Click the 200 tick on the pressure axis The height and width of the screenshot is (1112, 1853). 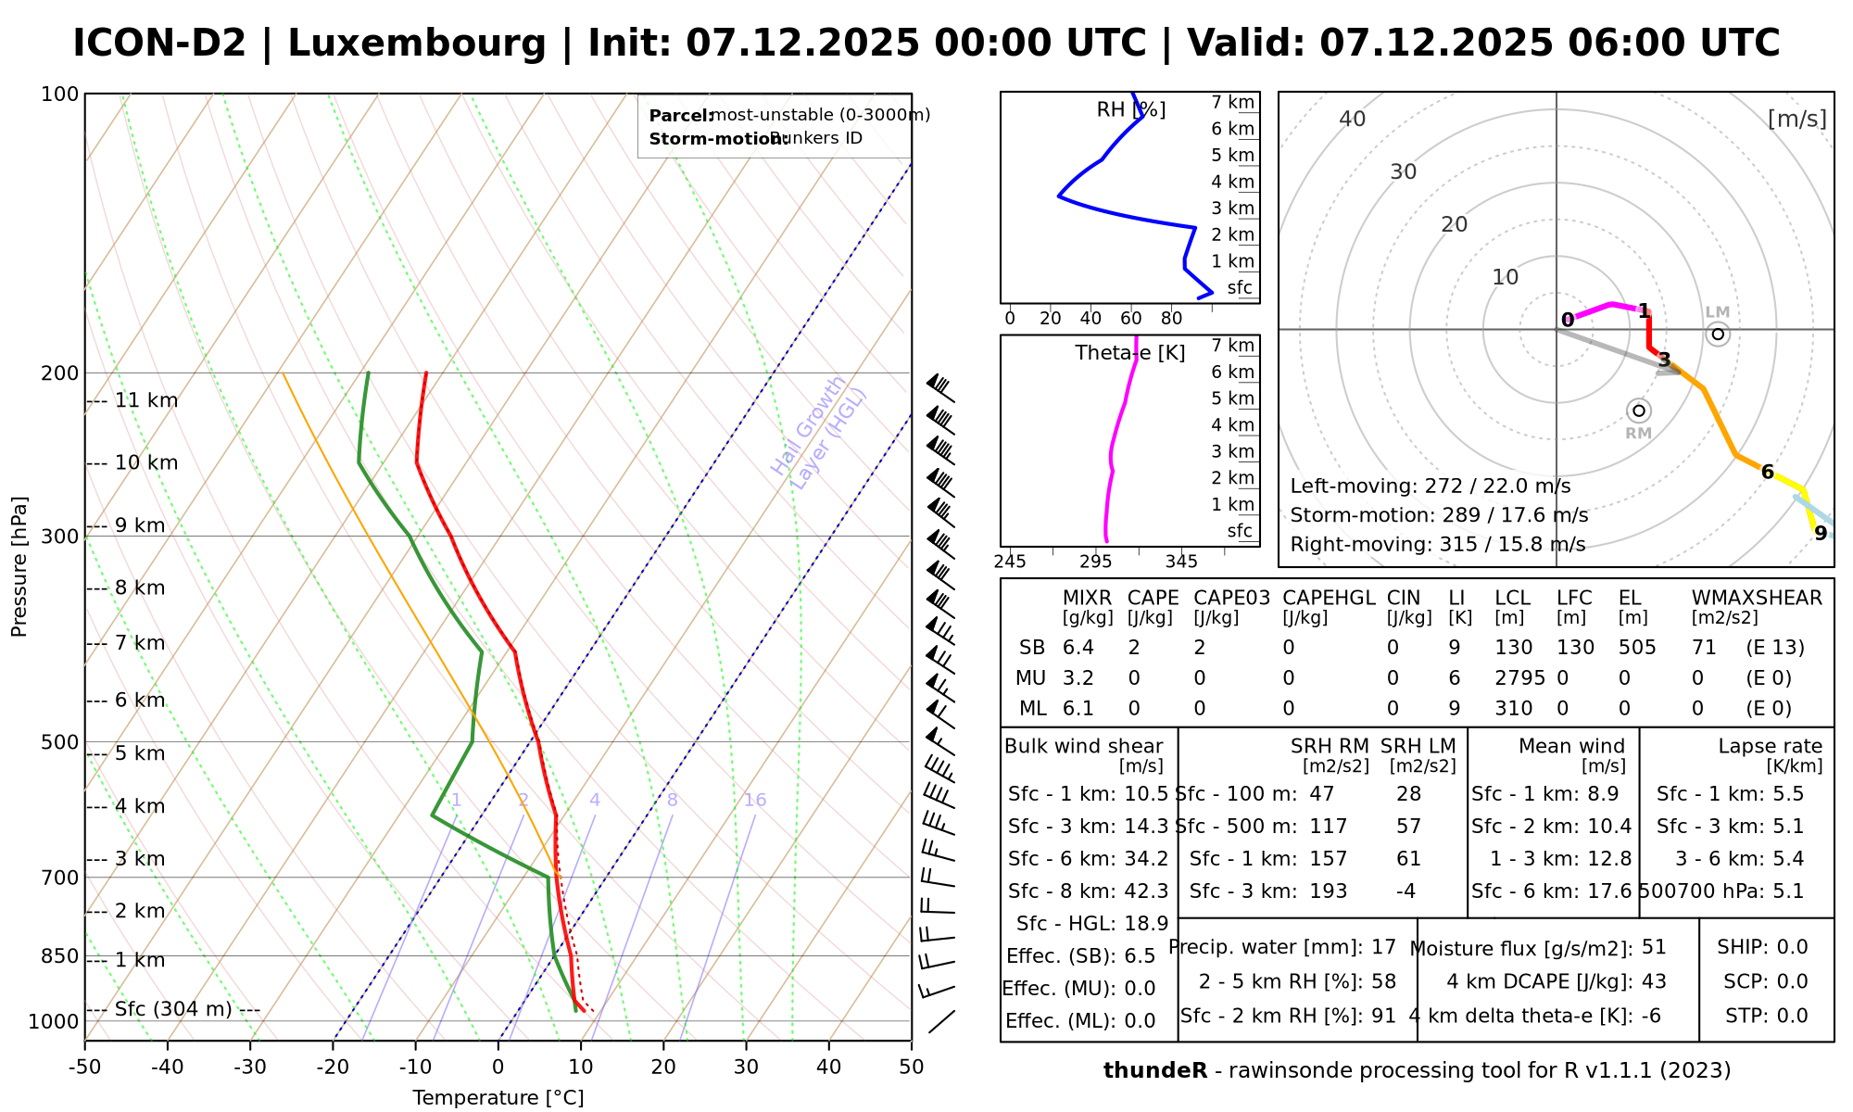61,373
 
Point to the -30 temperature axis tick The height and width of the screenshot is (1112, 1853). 250,1067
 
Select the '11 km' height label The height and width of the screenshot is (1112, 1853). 145,401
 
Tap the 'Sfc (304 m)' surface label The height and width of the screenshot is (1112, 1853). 173,1009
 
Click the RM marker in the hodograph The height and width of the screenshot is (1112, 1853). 1638,411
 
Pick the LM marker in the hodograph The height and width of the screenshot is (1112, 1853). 1718,334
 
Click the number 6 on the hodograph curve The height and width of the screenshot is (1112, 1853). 1767,473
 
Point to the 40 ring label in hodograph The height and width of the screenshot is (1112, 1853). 1353,119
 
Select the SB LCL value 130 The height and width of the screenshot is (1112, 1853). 1513,648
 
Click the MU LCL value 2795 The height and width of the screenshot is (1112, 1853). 1519,678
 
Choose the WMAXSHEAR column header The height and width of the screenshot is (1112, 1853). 1757,599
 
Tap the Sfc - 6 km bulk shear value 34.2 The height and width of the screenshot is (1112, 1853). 1144,859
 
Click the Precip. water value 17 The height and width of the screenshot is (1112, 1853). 1383,947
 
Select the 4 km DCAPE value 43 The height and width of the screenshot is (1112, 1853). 1654,981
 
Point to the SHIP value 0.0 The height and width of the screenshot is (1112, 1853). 1792,947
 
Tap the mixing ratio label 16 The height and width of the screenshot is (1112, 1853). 755,800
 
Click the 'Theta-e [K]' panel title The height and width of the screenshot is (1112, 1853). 1129,353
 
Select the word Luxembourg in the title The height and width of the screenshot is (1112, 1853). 417,44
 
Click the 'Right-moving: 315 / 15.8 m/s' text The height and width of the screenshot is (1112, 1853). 1437,544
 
